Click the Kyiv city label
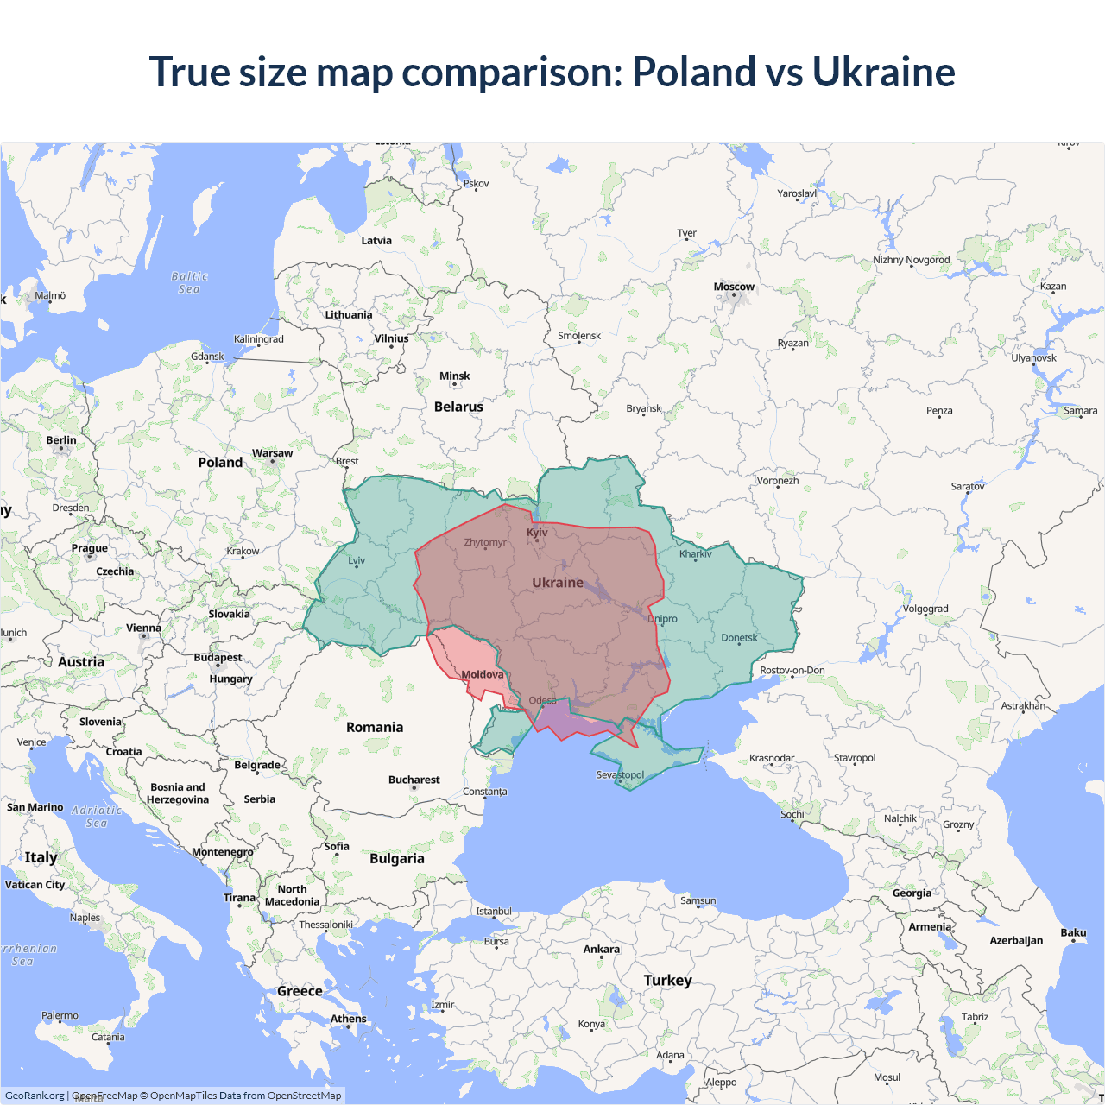coord(537,532)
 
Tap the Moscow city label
coord(734,287)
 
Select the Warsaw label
coord(272,453)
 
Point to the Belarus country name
coord(458,407)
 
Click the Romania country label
coord(375,727)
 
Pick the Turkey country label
coord(667,980)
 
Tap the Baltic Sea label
coord(190,283)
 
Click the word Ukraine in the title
coord(883,72)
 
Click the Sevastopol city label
coord(620,774)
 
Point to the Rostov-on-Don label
coord(792,670)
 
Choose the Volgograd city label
coord(925,609)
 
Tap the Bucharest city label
coord(414,780)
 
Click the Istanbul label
coord(494,911)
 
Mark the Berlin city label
coord(61,440)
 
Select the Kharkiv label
coord(695,553)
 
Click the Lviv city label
coord(357,560)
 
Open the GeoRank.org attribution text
coord(35,1096)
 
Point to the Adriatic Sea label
coord(97,817)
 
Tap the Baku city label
coord(1073,932)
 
